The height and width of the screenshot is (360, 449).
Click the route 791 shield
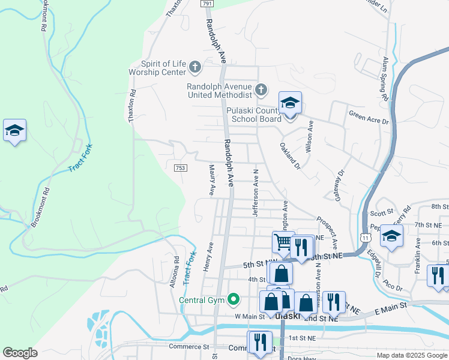pos(207,4)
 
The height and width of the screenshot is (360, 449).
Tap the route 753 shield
pos(179,168)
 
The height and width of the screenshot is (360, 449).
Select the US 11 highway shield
pos(365,238)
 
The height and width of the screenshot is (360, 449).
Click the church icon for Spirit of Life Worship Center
pos(195,65)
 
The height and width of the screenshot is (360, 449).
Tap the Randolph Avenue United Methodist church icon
pos(261,90)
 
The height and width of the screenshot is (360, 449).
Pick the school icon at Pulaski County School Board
pos(290,103)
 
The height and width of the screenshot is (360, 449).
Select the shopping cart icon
pos(283,242)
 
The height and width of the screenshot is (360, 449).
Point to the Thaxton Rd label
pos(132,107)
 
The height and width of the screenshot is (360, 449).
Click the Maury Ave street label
pos(211,181)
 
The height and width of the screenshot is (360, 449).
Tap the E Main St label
pos(391,306)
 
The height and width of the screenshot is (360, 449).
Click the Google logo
pos(20,353)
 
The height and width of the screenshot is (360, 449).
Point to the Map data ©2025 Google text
pos(411,355)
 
